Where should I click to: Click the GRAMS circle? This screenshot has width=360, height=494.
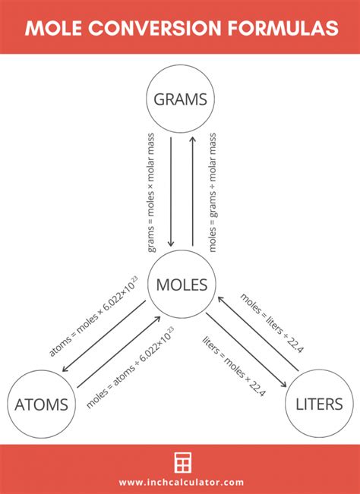pyautogui.click(x=181, y=99)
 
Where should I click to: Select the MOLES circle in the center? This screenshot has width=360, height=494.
pyautogui.click(x=181, y=285)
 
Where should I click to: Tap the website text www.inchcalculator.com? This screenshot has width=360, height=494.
pyautogui.click(x=181, y=482)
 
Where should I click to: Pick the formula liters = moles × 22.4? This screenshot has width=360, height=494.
pyautogui.click(x=235, y=365)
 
